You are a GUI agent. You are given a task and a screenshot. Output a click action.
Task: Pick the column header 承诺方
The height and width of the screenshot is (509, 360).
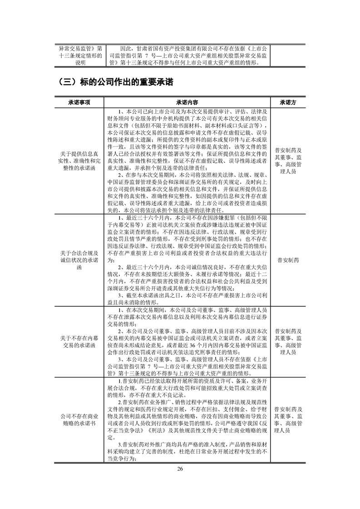(x=288, y=103)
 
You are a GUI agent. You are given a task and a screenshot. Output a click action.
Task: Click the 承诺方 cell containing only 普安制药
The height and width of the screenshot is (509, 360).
(x=288, y=260)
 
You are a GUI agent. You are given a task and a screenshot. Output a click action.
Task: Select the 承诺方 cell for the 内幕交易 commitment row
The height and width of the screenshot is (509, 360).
(x=288, y=339)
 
